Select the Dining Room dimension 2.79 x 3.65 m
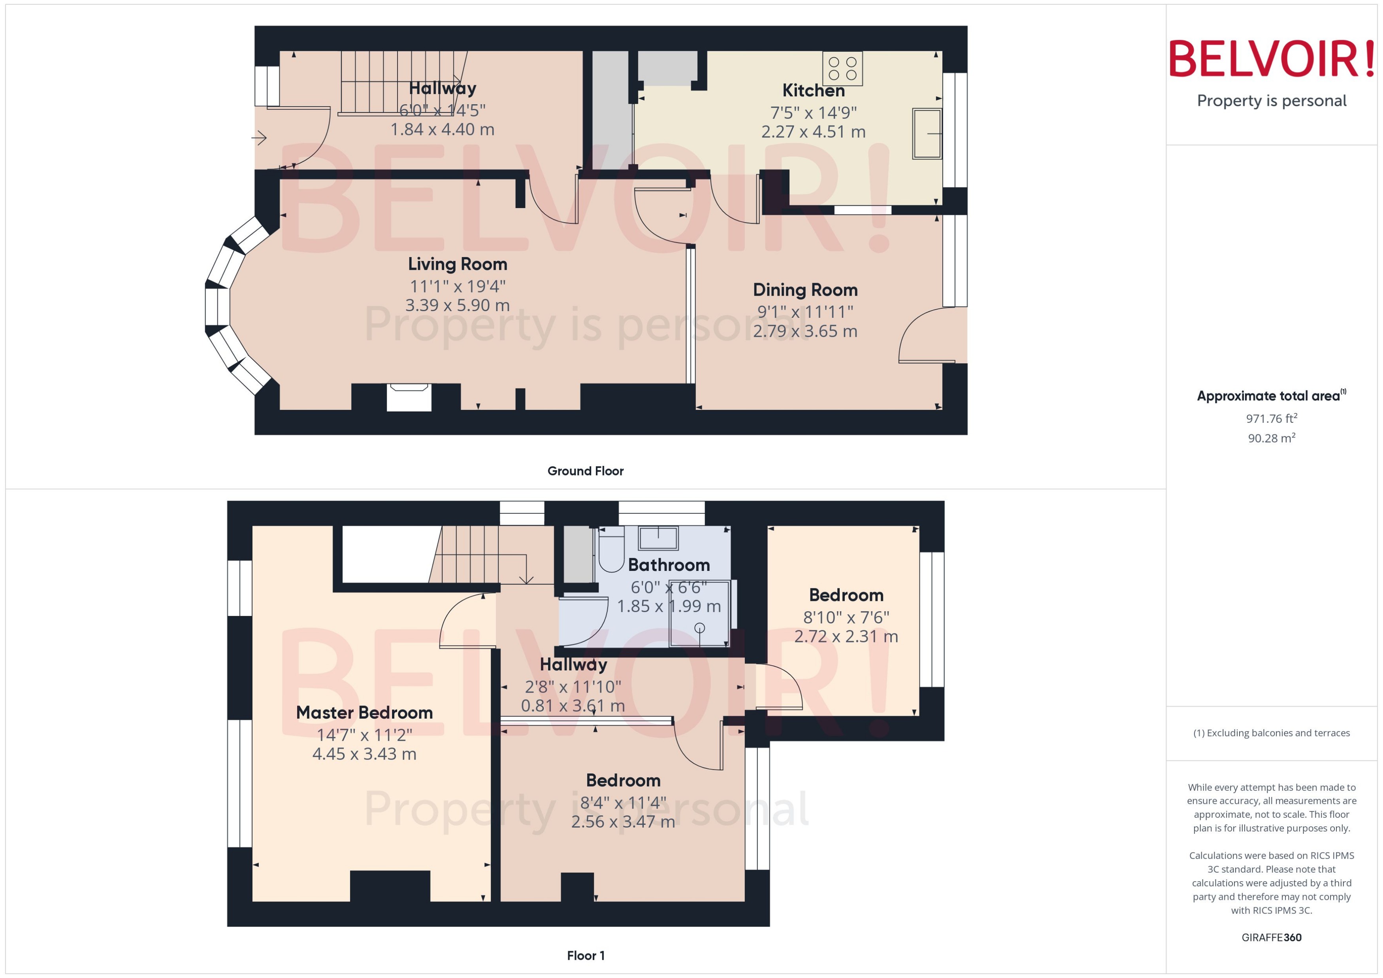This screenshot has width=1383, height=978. coord(805,331)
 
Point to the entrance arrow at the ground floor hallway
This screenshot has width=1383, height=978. coord(259,138)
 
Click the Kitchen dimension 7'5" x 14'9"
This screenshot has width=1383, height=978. coord(813,113)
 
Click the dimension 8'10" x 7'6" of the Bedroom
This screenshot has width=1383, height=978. coord(846,617)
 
